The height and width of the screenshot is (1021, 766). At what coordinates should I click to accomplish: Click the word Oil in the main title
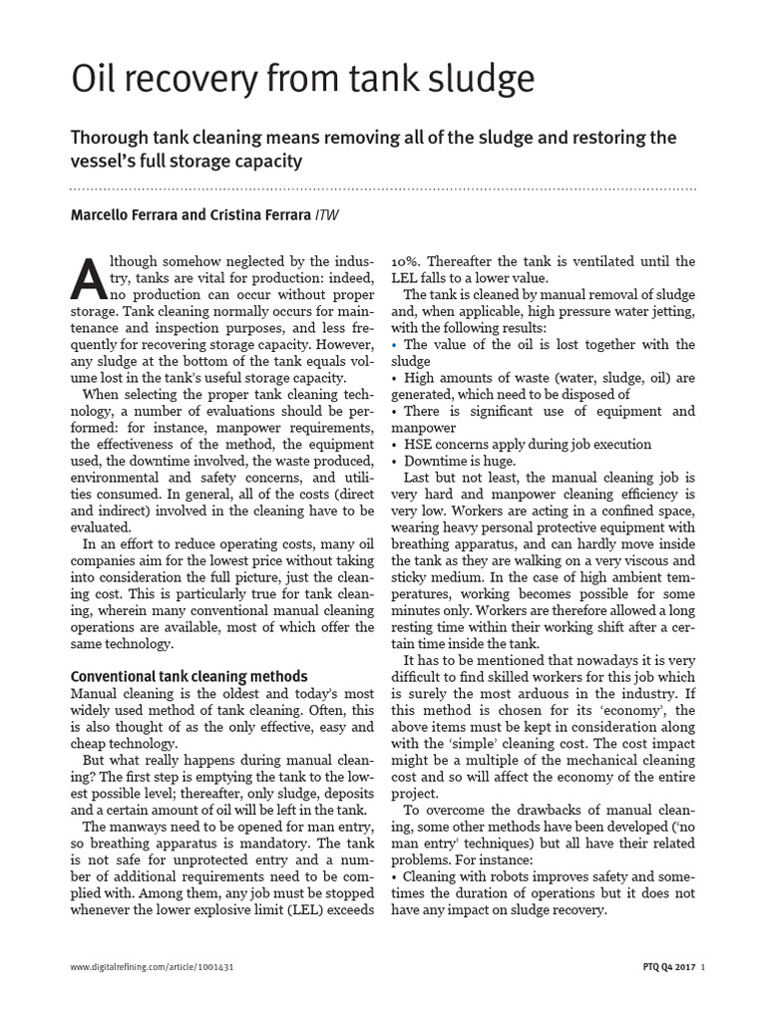tap(97, 78)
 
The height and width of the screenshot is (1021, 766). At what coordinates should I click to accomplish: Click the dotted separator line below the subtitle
tap(383, 187)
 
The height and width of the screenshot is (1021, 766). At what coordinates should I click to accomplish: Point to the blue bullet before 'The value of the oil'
tap(394, 345)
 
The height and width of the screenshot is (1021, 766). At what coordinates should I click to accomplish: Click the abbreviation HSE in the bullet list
tap(419, 445)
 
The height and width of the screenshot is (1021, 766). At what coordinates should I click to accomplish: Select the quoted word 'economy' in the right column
tap(637, 711)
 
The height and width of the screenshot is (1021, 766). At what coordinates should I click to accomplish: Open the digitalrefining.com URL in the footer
tap(152, 967)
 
